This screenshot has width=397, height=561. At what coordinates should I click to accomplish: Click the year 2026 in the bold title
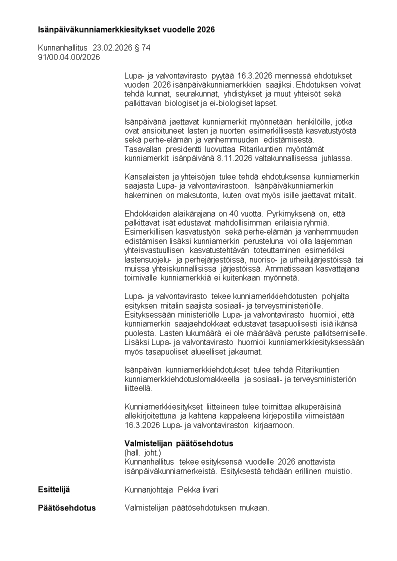click(205, 30)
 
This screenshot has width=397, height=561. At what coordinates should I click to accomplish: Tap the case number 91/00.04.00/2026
click(69, 57)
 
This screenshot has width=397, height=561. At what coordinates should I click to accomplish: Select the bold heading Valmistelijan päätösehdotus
click(178, 443)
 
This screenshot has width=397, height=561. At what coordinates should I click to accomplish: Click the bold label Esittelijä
click(54, 489)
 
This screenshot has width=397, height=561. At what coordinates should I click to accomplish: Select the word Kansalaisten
click(144, 176)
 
